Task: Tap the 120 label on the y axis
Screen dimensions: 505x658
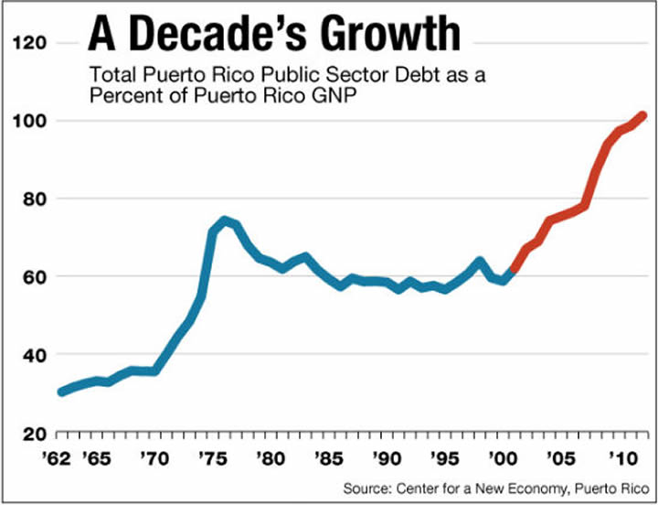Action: [32, 43]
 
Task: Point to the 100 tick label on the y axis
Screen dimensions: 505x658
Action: [32, 121]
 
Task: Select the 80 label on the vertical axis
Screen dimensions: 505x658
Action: [36, 199]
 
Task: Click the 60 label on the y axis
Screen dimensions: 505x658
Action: [36, 276]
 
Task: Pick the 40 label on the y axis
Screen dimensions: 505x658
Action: [36, 354]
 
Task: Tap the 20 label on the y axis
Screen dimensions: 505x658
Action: [36, 432]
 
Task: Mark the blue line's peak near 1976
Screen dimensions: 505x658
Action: [224, 220]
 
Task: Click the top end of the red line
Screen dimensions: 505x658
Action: [643, 115]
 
